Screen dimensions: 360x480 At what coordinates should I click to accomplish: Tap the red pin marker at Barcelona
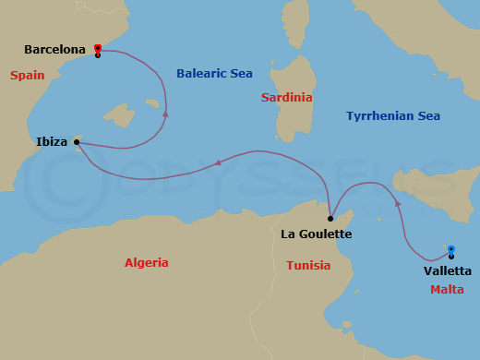pos(98,49)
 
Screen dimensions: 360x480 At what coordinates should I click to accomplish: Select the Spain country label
pos(28,75)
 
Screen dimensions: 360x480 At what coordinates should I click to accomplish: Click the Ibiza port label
pos(51,142)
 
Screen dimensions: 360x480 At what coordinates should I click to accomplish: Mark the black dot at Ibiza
pos(76,142)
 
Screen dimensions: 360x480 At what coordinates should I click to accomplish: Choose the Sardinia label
pos(286,97)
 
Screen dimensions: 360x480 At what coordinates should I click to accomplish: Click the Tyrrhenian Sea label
pos(392,115)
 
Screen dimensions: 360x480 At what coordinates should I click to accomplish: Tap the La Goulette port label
pos(317,234)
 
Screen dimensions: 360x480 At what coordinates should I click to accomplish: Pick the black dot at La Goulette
pos(330,219)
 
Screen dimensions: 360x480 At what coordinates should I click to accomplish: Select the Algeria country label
pos(147,263)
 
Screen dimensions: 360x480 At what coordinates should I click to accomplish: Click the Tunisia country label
pos(308,265)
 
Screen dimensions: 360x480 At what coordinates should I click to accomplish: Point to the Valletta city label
pos(448,270)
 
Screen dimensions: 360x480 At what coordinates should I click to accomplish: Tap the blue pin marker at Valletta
pos(451,249)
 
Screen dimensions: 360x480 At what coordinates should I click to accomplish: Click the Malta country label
pos(448,289)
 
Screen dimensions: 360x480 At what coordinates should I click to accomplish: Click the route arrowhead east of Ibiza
pos(165,114)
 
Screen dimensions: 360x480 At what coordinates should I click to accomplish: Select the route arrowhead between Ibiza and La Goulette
pos(219,162)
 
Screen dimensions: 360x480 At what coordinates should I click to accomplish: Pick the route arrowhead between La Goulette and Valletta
pos(397,201)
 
